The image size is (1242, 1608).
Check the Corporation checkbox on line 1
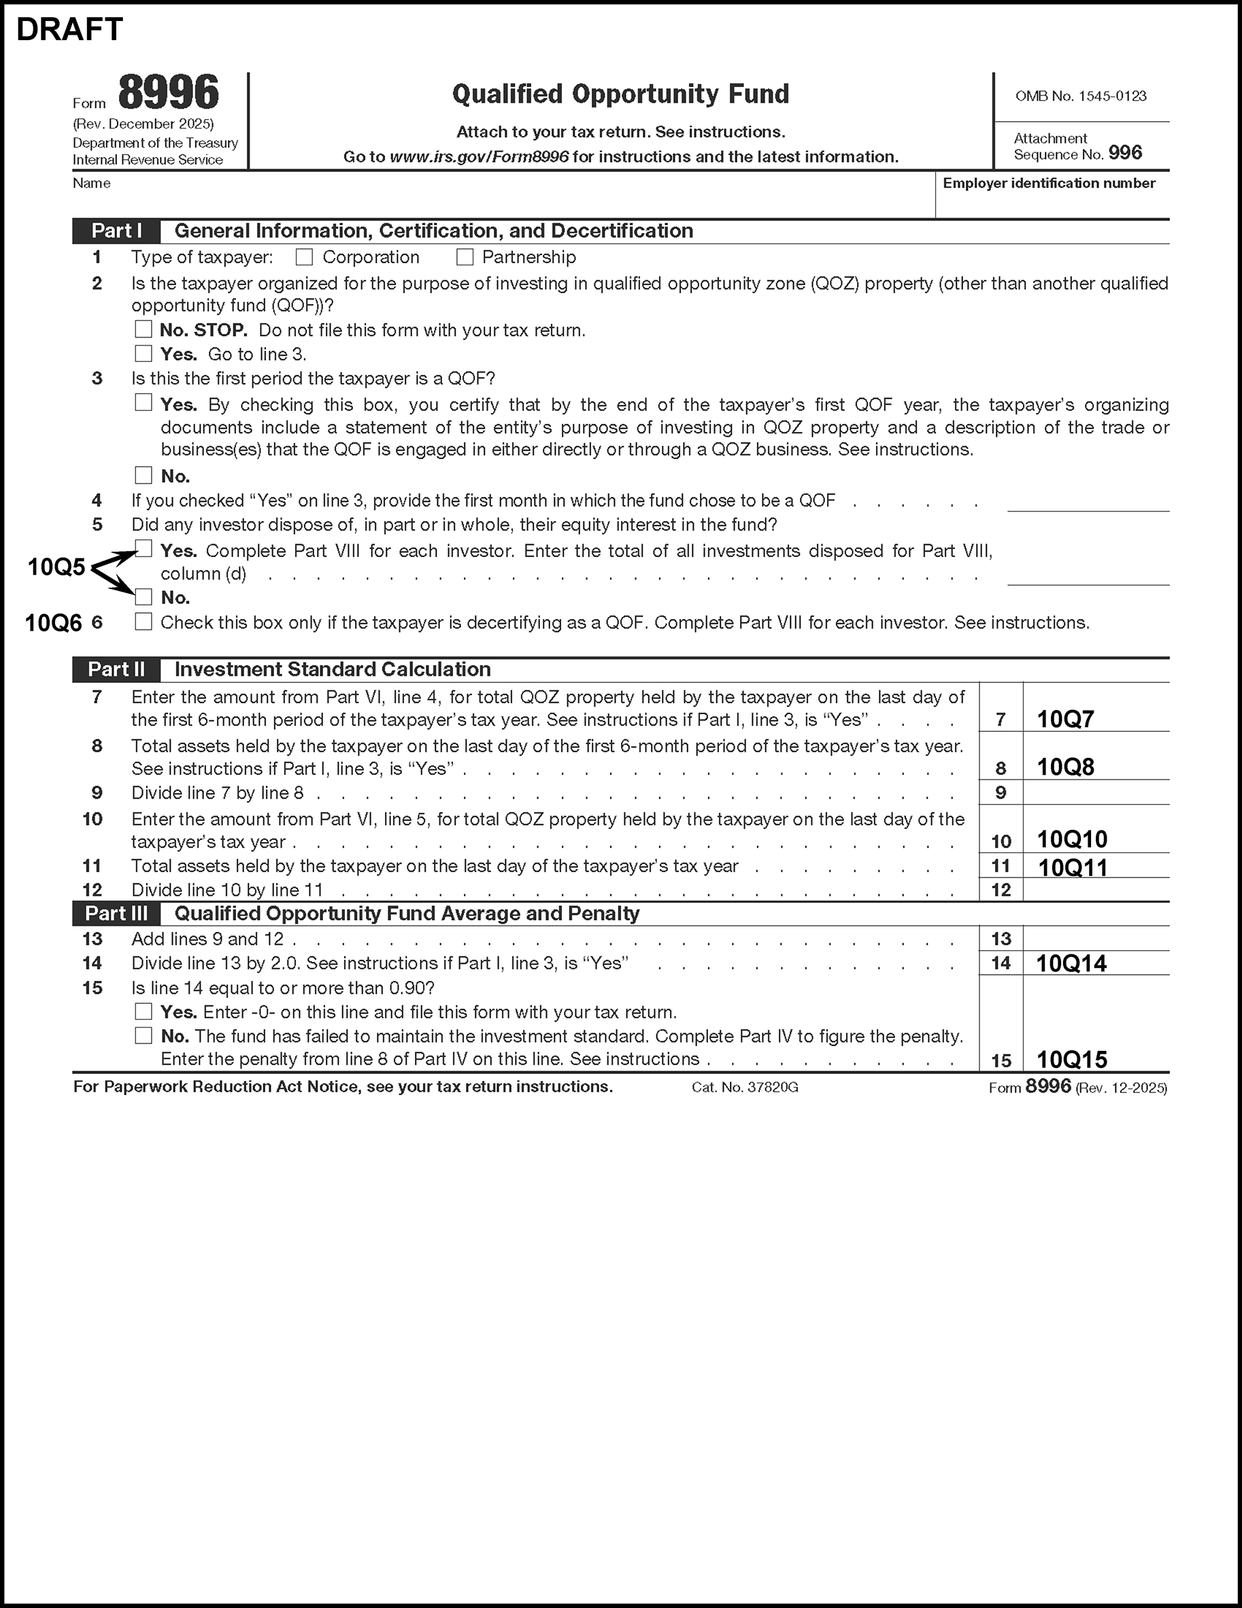click(x=304, y=257)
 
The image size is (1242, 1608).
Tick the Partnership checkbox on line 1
click(x=465, y=257)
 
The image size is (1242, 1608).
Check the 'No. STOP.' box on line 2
click(x=144, y=329)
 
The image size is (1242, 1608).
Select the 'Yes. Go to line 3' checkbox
click(x=144, y=354)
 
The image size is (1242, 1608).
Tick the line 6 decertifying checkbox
click(x=144, y=622)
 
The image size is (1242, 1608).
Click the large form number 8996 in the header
click(x=169, y=93)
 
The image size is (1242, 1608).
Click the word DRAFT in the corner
click(x=69, y=29)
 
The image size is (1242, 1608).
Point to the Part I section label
click(x=116, y=231)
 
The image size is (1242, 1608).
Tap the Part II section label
click(x=116, y=669)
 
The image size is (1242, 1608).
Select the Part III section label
click(x=116, y=914)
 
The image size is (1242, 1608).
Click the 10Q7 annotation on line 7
click(x=1065, y=720)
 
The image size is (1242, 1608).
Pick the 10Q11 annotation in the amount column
click(x=1073, y=867)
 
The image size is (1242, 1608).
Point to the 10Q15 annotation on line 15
click(x=1072, y=1060)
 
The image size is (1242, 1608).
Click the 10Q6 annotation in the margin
click(x=54, y=623)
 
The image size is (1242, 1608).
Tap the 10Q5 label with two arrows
click(x=56, y=567)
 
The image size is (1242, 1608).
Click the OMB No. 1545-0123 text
click(x=1081, y=96)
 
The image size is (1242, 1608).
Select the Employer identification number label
click(x=1049, y=184)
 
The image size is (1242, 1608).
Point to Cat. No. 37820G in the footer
click(x=744, y=1088)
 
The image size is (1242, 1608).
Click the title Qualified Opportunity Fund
click(x=620, y=95)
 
